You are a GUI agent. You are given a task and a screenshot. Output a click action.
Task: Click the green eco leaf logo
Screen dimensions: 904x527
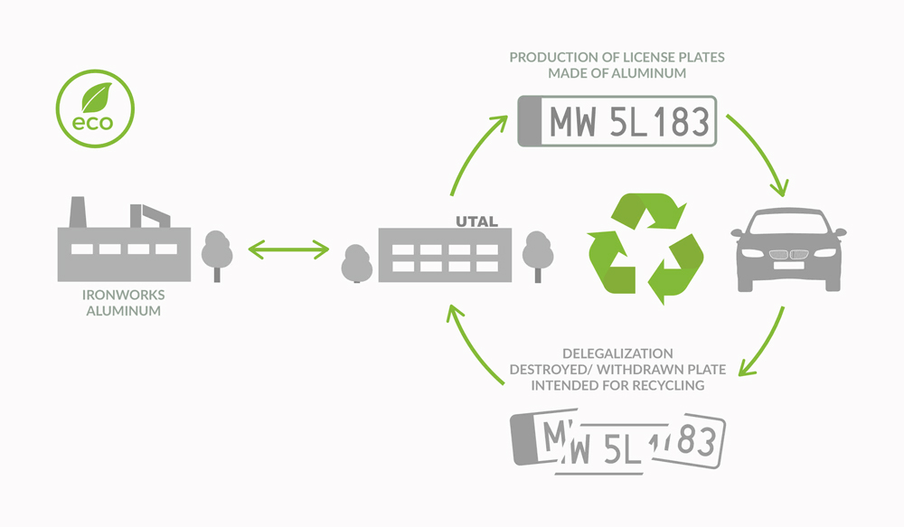[95, 108]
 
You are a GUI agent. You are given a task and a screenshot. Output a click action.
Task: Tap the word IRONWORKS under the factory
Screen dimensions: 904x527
[123, 295]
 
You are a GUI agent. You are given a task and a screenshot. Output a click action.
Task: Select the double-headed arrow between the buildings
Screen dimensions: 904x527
[288, 249]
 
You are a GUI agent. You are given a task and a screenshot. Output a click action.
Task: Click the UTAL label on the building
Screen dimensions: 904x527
[476, 221]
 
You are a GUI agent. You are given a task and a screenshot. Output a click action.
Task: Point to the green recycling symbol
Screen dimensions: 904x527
[645, 248]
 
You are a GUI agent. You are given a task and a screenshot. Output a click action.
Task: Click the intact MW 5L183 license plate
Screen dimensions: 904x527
[617, 121]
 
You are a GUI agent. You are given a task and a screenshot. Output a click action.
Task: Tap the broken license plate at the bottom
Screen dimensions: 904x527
[617, 441]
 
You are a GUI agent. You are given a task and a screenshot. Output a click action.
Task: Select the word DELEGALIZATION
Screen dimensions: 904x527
[617, 353]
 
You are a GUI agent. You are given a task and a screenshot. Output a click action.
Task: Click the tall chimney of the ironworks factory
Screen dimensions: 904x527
[78, 212]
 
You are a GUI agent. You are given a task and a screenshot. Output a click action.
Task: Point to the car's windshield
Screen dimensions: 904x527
[788, 223]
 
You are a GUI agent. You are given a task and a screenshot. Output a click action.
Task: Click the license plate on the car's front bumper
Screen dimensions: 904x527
[788, 266]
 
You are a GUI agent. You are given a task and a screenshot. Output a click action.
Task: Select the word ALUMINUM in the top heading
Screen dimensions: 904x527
[649, 73]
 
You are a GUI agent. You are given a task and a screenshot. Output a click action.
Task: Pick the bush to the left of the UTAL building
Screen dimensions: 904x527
[357, 264]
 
